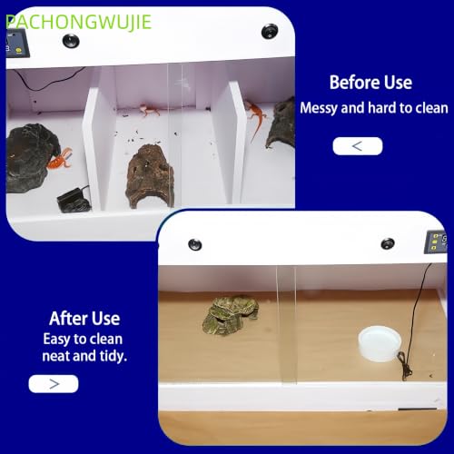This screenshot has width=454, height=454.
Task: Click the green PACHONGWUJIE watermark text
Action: pos(79,22)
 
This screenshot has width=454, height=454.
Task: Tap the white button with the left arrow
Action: pos(358,146)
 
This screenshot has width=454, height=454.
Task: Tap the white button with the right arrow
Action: pos(54,384)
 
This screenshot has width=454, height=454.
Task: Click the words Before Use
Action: pos(370,83)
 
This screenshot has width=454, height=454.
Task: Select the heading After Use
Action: pos(84,319)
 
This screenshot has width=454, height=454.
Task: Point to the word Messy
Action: pos(319,108)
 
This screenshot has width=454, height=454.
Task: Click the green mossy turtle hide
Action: pos(231,315)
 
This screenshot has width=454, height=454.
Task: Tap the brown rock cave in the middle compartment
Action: pos(151,176)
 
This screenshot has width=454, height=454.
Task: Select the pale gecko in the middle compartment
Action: pos(148,110)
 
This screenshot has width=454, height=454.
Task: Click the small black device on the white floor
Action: pos(74,200)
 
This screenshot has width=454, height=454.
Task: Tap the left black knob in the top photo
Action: pos(71,40)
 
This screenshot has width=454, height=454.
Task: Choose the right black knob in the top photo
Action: pos(270,31)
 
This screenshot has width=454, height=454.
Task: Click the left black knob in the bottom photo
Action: pos(195,244)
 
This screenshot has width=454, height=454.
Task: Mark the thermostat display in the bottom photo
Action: pos(436,242)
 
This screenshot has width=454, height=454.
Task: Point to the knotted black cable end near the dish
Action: pos(405,366)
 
